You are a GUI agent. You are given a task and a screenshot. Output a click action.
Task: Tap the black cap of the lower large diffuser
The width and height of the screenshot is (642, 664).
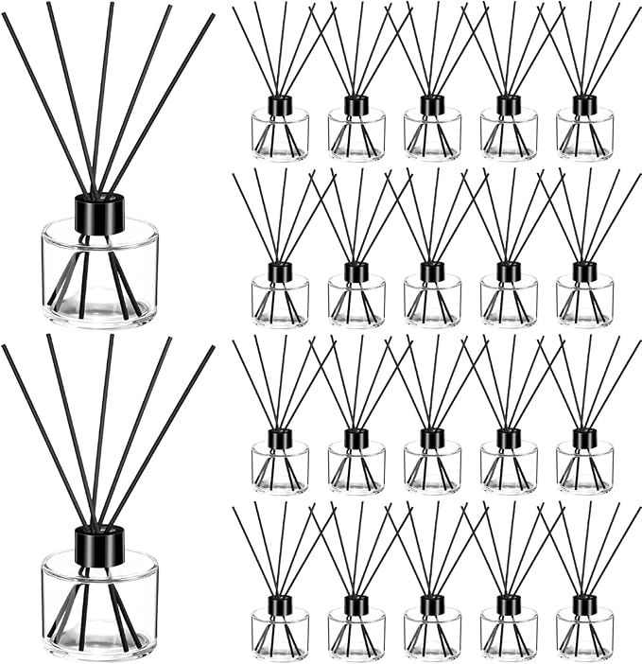coord(99,546)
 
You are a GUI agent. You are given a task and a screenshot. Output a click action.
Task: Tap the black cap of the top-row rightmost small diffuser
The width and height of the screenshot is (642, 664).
coord(584,105)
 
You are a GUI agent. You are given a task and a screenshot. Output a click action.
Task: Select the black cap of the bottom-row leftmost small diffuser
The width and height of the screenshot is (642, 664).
coord(280,604)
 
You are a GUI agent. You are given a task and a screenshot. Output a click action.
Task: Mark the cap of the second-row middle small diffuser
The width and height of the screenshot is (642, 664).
coord(432,271)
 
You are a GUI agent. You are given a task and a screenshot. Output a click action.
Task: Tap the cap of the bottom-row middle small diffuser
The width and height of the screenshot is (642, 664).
coord(432,604)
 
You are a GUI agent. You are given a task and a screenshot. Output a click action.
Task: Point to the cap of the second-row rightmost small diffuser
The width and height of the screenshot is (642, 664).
coord(584,271)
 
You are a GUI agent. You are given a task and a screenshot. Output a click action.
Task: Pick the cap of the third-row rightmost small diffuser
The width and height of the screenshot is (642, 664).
coord(584,438)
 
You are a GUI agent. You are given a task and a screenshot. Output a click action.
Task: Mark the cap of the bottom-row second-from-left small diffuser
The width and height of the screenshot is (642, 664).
coord(356,604)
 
